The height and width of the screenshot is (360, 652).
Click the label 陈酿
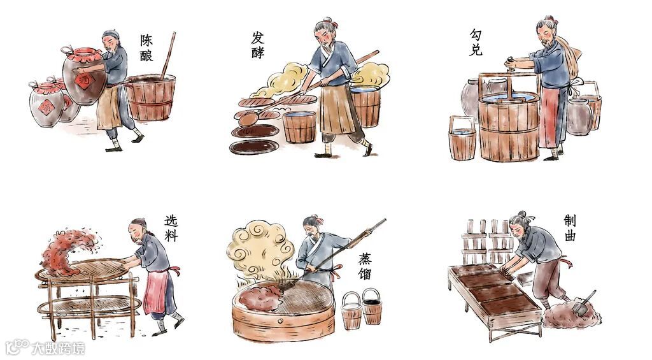click(146, 48)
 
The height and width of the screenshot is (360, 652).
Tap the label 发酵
click(258, 45)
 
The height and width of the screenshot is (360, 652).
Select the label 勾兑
click(476, 42)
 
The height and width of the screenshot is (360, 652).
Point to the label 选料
click(171, 228)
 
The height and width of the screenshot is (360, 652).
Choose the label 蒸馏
click(365, 266)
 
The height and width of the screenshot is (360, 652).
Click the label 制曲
click(570, 227)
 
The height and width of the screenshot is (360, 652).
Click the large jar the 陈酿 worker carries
click(85, 76)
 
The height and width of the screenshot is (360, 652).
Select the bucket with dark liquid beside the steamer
click(372, 306)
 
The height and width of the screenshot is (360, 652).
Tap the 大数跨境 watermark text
click(58, 347)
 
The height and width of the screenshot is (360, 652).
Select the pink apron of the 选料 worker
click(155, 292)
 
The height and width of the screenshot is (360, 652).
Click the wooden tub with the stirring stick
click(150, 97)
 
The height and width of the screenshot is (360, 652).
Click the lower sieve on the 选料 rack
click(89, 305)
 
